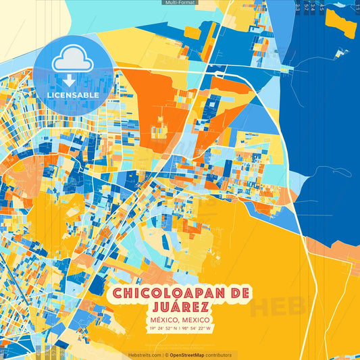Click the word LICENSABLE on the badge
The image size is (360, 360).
coord(72,95)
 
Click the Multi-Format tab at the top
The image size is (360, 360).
coord(180,3)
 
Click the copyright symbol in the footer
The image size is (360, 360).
coord(166,355)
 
